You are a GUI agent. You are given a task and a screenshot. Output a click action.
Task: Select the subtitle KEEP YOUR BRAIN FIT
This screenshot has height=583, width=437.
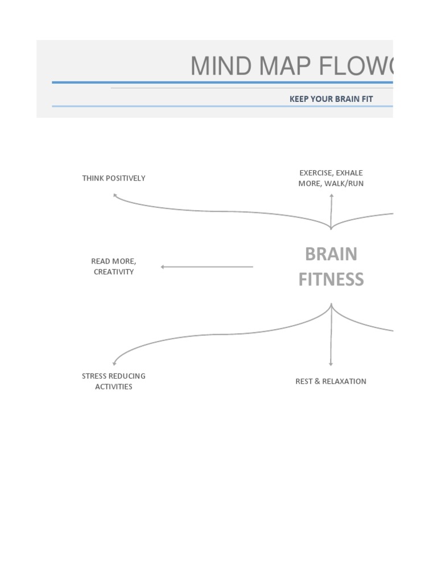331,98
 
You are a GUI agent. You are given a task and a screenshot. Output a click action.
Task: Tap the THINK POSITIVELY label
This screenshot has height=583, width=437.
114,178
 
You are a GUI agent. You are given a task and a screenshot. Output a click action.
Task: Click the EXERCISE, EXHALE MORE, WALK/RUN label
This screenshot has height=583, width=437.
331,178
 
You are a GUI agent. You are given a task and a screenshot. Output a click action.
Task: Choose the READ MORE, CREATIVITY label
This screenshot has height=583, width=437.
114,266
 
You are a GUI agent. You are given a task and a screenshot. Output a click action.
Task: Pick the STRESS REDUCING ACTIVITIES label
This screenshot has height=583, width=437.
114,381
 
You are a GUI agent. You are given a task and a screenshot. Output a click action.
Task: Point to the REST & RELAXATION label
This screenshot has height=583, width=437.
331,381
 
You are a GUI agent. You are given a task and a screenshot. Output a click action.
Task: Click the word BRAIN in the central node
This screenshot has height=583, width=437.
331,254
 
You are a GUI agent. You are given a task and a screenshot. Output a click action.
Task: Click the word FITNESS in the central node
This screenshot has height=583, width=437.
331,280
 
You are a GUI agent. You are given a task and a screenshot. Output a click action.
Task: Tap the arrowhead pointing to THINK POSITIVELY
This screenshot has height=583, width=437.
115,195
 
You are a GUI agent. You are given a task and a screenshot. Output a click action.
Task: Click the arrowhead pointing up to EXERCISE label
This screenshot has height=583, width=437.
331,196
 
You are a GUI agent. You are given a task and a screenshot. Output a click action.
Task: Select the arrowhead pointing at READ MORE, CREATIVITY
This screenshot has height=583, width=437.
163,266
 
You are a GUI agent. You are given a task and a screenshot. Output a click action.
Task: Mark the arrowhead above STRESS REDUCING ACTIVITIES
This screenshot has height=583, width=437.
114,363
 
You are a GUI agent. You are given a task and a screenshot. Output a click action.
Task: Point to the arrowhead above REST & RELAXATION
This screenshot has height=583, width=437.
331,363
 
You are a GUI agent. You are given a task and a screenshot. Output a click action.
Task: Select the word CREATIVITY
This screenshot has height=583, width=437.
114,272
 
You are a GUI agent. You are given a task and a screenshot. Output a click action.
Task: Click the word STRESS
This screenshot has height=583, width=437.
94,376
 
